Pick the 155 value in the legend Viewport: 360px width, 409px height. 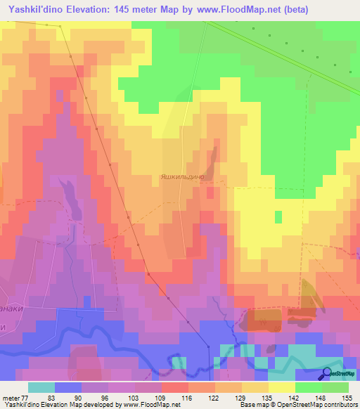pos(347,397)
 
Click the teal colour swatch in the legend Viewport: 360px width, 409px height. pos(41,387)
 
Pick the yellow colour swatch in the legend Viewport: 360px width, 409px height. pos(282,387)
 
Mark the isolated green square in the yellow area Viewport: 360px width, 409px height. pos(278,216)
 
